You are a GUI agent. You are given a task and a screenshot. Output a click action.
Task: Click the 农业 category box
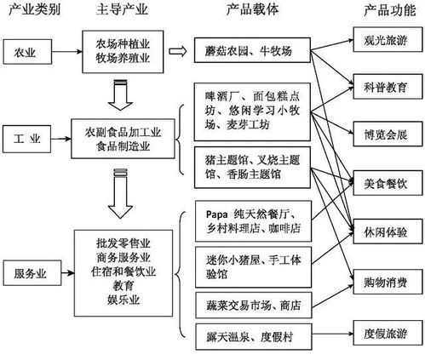[26, 52]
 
